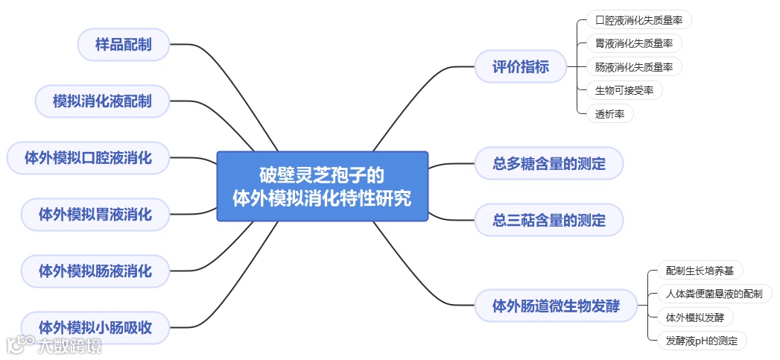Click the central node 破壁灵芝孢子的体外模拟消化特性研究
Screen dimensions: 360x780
[x=322, y=186]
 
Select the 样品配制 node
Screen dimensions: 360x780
[x=123, y=45]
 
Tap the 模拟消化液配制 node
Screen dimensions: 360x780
[x=102, y=101]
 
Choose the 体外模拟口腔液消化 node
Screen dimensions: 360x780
[x=88, y=158]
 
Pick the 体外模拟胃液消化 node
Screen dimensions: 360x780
[x=95, y=215]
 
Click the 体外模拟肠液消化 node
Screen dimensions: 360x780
[x=95, y=271]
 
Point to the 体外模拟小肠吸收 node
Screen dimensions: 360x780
[x=95, y=327]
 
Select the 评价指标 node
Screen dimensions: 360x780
[x=521, y=67]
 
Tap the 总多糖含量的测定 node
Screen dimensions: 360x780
[x=549, y=164]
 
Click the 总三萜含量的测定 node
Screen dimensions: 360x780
[x=549, y=221]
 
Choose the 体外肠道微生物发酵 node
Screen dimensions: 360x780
[x=556, y=306]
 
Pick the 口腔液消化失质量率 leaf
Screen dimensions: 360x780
[x=634, y=20]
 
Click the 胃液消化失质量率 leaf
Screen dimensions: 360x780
[x=634, y=43]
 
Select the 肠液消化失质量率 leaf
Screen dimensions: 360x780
[x=634, y=67]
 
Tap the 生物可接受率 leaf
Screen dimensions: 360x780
[x=624, y=91]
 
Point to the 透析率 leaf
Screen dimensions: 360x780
[x=609, y=114]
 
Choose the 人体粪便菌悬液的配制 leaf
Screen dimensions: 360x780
[x=714, y=294]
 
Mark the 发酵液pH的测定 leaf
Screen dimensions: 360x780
[x=702, y=341]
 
